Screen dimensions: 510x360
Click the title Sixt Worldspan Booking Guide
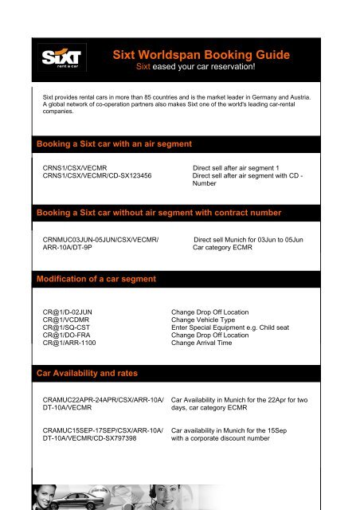click(201, 55)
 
